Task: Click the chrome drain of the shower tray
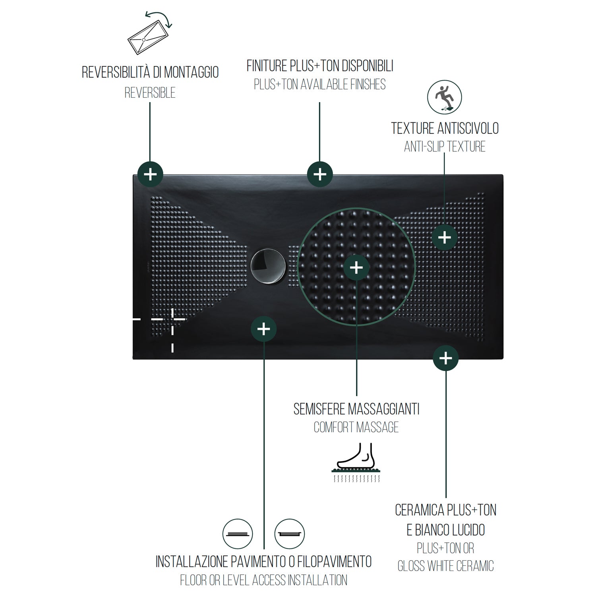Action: tap(268, 266)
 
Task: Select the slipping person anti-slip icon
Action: tap(445, 97)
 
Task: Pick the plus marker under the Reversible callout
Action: tap(150, 174)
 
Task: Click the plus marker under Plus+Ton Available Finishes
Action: tap(320, 174)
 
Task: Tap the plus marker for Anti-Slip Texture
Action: tap(445, 238)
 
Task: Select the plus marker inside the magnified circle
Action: tap(356, 267)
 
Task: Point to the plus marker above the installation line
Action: tap(264, 329)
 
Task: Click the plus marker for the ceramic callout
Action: tap(445, 358)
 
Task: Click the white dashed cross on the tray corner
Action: tap(172, 319)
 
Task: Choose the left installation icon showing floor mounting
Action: tap(238, 534)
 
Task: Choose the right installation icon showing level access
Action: tap(290, 534)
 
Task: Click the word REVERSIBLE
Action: tap(150, 93)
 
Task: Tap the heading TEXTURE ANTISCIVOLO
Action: tap(445, 128)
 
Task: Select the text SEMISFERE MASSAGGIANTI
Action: tap(356, 409)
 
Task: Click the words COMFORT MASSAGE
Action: tap(356, 428)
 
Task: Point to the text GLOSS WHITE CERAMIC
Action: tap(445, 566)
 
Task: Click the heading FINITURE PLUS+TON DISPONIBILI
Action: tap(320, 66)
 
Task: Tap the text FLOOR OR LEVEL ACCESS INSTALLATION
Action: tap(264, 580)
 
